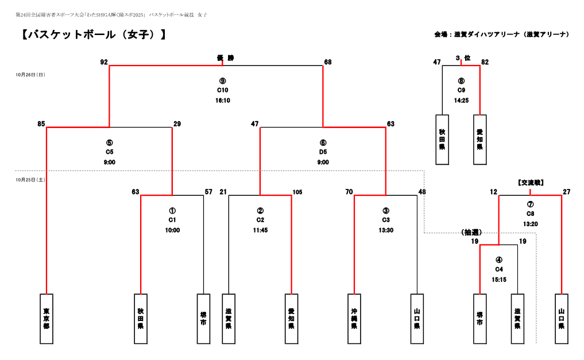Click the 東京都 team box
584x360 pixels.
point(47,319)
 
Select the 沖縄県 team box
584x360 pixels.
point(354,319)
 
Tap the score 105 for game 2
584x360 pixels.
point(297,192)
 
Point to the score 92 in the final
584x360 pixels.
point(104,62)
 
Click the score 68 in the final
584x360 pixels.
point(328,62)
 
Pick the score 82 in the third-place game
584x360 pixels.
point(485,62)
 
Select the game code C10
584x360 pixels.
point(223,90)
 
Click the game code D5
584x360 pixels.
point(323,152)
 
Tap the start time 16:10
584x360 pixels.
point(223,100)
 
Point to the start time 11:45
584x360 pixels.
point(260,230)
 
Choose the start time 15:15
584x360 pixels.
point(499,280)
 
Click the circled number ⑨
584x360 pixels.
point(223,81)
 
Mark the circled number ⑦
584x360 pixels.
point(530,204)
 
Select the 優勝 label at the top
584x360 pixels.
point(225,57)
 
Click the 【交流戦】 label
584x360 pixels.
point(531,183)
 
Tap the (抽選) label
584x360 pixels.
point(471,233)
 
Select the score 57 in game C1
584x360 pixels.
point(209,192)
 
